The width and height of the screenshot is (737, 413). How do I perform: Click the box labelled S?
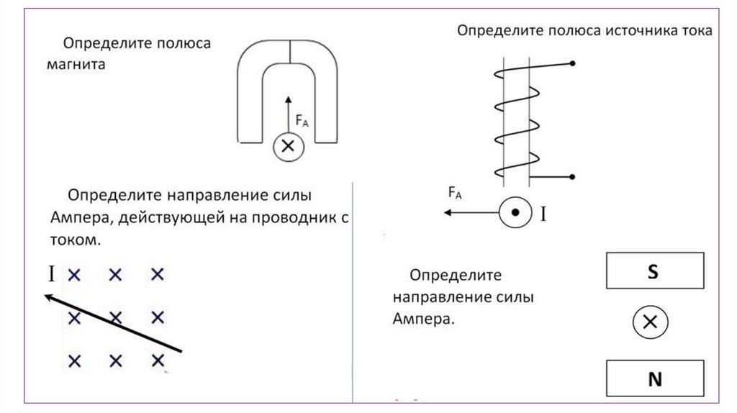coord(654,271)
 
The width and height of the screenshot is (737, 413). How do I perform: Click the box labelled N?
coord(654,379)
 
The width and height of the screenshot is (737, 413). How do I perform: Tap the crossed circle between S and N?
coord(651,322)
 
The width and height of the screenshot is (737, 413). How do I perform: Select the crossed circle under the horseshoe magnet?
coord(288,147)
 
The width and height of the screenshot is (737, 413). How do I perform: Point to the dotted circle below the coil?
coord(515,213)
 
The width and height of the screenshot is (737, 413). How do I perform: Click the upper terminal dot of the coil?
coord(573,64)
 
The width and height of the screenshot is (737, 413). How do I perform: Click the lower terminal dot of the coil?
coord(573,176)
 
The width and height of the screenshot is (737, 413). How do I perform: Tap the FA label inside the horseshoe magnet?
coord(302,122)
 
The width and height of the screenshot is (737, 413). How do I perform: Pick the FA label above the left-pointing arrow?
coord(454,192)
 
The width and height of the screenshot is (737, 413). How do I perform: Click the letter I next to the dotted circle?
coord(544,214)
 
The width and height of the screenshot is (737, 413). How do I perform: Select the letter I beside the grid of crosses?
coord(51,273)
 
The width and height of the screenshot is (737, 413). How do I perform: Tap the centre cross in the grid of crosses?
coord(116,317)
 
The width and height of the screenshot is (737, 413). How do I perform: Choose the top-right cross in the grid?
coord(158,274)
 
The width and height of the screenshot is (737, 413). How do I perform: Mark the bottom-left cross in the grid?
coord(73,360)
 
